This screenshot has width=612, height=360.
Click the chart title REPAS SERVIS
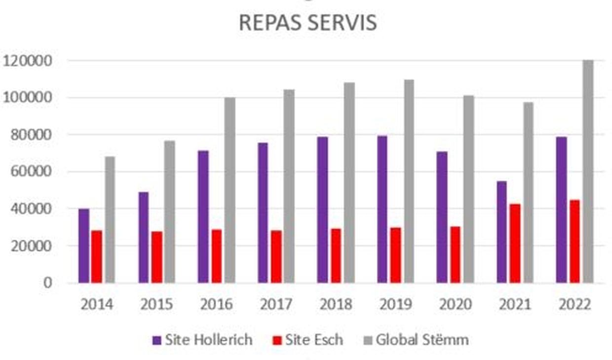(307, 23)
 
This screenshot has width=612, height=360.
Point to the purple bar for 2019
(382, 209)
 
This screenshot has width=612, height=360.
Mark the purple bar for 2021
(501, 232)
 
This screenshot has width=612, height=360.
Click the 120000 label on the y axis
(28, 61)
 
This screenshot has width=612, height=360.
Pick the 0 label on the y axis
(47, 283)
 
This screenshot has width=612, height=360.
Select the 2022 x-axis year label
(574, 304)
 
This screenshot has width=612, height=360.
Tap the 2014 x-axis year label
(97, 304)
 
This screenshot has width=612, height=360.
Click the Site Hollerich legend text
(208, 340)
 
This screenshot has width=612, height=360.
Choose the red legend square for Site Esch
(277, 340)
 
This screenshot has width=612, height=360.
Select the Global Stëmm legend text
(422, 340)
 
